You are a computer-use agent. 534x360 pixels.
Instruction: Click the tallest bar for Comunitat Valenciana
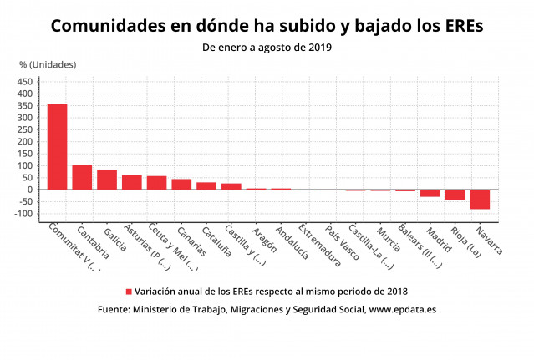click(x=57, y=146)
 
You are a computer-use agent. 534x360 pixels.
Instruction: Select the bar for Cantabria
click(x=82, y=177)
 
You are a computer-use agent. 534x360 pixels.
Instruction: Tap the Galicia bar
click(x=107, y=180)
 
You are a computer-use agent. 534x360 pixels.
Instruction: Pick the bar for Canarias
click(x=181, y=185)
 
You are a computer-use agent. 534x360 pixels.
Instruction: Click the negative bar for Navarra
click(x=480, y=199)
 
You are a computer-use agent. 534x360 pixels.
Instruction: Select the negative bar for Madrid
click(x=430, y=193)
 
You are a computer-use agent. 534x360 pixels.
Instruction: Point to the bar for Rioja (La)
click(x=455, y=195)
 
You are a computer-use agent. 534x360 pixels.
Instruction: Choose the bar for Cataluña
click(x=206, y=186)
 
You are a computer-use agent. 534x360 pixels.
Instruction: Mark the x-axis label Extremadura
click(x=320, y=246)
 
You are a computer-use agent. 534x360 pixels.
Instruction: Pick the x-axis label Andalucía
click(x=292, y=243)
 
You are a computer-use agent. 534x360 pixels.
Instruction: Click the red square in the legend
click(x=129, y=292)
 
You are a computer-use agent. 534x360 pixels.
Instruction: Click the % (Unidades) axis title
click(x=48, y=64)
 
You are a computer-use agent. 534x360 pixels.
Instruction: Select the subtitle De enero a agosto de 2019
click(x=267, y=48)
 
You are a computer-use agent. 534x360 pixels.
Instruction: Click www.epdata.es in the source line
click(x=403, y=309)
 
